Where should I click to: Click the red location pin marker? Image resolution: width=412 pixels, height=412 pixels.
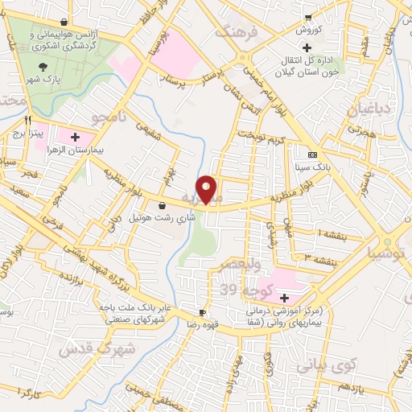coord(207,189)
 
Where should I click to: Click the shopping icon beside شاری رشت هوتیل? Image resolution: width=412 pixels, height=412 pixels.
coord(163,204)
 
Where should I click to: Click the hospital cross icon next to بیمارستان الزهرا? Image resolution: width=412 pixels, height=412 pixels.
coord(76,137)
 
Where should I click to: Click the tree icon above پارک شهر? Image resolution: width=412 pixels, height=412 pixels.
coord(43,68)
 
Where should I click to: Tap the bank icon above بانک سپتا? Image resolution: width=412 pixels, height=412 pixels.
coord(313,154)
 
